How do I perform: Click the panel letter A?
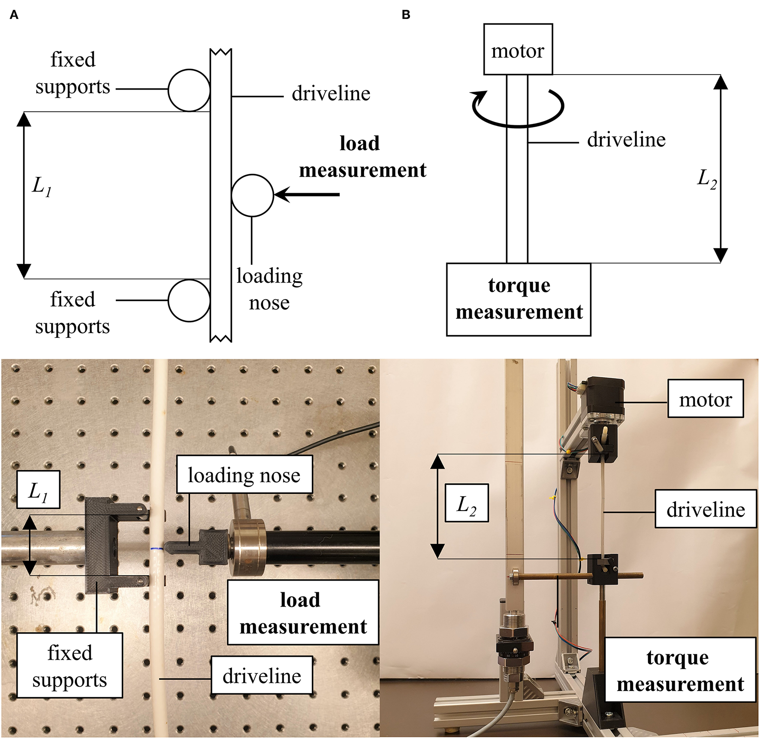pyautogui.click(x=14, y=15)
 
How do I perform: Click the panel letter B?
pyautogui.click(x=406, y=15)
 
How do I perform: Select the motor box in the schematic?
pyautogui.click(x=518, y=49)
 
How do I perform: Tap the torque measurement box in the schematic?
pyautogui.click(x=519, y=299)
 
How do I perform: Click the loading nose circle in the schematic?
pyautogui.click(x=252, y=195)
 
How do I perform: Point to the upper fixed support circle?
pyautogui.click(x=189, y=90)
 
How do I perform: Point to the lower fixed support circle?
pyautogui.click(x=189, y=300)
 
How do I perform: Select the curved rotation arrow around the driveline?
pyautogui.click(x=518, y=109)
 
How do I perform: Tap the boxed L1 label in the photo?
pyautogui.click(x=38, y=490)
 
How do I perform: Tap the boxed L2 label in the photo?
pyautogui.click(x=467, y=503)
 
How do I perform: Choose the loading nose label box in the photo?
pyautogui.click(x=244, y=475)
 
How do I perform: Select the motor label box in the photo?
pyautogui.click(x=705, y=398)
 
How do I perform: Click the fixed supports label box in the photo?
pyautogui.click(x=69, y=665)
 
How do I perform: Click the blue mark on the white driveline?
pyautogui.click(x=157, y=549)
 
